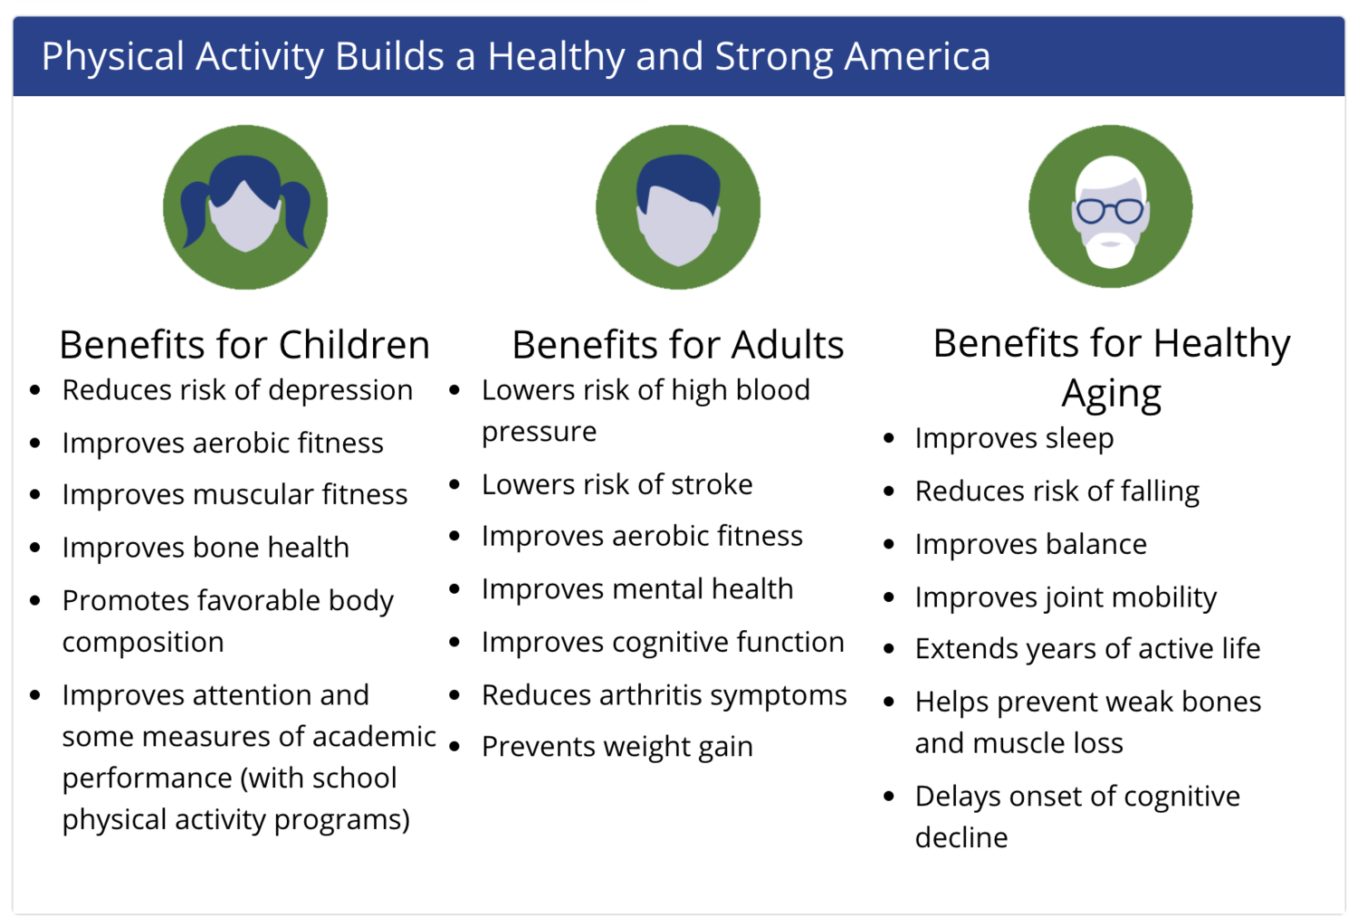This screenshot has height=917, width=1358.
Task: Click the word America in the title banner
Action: (x=917, y=56)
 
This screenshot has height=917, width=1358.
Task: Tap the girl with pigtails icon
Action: (x=245, y=206)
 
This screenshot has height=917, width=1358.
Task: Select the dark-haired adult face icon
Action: (x=678, y=206)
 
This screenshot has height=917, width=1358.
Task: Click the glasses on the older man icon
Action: (x=1110, y=211)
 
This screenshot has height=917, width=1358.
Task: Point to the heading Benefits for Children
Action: (x=244, y=344)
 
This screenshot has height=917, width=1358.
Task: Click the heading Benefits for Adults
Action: (x=678, y=344)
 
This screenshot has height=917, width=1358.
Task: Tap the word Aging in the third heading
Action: (x=1111, y=395)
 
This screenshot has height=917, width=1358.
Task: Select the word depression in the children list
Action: (x=340, y=390)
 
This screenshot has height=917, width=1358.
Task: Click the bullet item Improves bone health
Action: (x=206, y=547)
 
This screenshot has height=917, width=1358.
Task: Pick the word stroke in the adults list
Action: (x=711, y=484)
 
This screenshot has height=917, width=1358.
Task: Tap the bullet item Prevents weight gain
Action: (x=617, y=747)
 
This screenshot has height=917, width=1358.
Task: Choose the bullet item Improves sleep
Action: (x=1014, y=438)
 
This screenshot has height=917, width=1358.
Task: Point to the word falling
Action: (x=1160, y=491)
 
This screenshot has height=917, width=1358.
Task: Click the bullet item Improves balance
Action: (x=1030, y=544)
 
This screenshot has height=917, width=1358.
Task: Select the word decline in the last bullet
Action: (x=961, y=837)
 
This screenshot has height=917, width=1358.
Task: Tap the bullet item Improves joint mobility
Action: (x=1066, y=597)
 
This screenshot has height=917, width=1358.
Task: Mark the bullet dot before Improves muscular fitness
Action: (x=35, y=494)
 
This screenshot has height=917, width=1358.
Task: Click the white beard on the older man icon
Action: (x=1110, y=251)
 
